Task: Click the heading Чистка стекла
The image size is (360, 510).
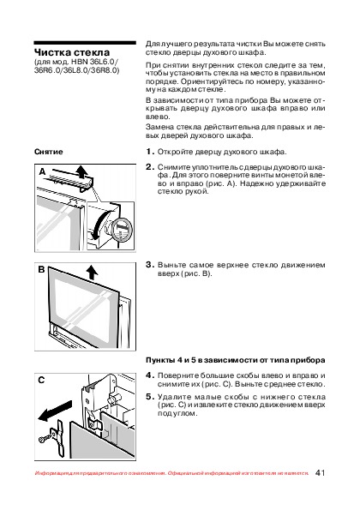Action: pyautogui.click(x=72, y=52)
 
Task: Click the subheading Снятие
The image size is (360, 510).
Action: pyautogui.click(x=49, y=152)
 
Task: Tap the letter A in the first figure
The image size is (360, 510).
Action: pyautogui.click(x=42, y=171)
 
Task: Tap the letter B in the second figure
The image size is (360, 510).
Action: pyautogui.click(x=41, y=270)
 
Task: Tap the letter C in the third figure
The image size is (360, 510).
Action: pyautogui.click(x=41, y=380)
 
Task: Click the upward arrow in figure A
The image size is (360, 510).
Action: pyautogui.click(x=81, y=171)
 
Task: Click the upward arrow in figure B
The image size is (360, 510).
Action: pyautogui.click(x=93, y=273)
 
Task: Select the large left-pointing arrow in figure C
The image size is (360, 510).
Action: pyautogui.click(x=55, y=411)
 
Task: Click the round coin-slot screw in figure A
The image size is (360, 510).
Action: pyautogui.click(x=122, y=230)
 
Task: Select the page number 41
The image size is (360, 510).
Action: pyautogui.click(x=320, y=473)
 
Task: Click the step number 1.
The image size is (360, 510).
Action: pyautogui.click(x=150, y=152)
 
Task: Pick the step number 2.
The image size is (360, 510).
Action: pyautogui.click(x=150, y=167)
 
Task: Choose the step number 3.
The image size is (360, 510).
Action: pyautogui.click(x=150, y=265)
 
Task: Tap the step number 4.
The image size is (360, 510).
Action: pyautogui.click(x=150, y=375)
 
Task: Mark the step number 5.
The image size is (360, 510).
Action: pyautogui.click(x=150, y=397)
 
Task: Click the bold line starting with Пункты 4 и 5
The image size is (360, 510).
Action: pyautogui.click(x=236, y=360)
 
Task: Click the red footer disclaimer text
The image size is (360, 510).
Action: pyautogui.click(x=171, y=473)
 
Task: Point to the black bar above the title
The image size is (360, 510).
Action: pyautogui.click(x=85, y=43)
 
